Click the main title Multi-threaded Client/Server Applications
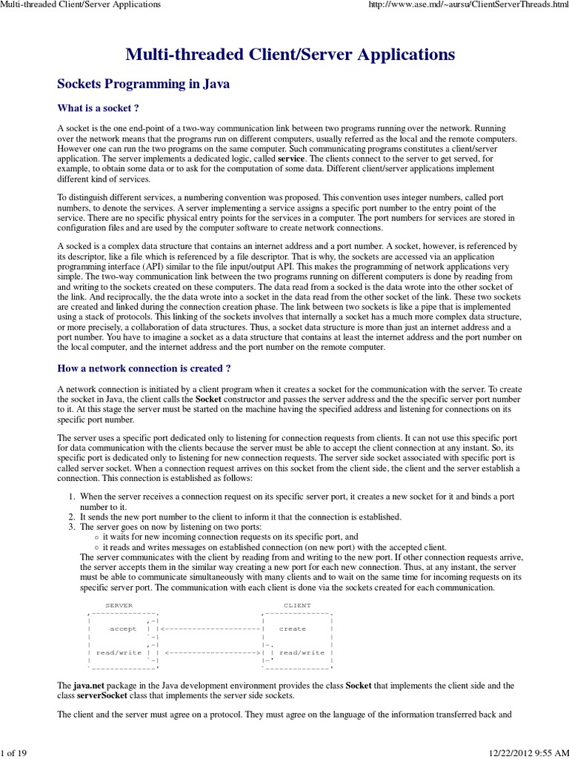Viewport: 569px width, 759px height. coord(290,54)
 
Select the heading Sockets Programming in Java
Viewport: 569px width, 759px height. coord(144,84)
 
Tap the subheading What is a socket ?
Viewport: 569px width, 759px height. coord(99,108)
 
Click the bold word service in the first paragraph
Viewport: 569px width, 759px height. coord(291,159)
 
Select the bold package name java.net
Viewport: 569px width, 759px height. coord(93,686)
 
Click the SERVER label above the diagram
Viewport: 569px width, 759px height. coord(119,606)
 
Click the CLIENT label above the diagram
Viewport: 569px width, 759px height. coord(297,606)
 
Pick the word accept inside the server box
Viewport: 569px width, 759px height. coord(123,629)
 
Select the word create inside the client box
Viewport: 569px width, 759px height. coord(293,629)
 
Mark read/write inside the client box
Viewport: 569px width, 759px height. coord(302,652)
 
